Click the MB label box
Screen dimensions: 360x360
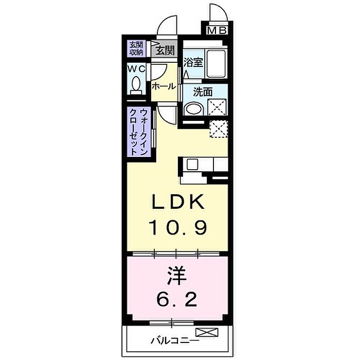217,30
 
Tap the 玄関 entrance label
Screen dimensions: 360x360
165,50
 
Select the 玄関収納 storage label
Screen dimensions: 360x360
136,48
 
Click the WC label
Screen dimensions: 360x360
136,68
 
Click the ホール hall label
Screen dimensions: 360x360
164,86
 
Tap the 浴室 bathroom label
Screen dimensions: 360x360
193,62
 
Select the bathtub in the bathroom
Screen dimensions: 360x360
217,64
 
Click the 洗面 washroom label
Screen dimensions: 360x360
203,92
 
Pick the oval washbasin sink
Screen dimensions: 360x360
194,109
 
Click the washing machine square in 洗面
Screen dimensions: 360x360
217,107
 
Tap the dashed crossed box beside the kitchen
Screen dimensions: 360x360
219,129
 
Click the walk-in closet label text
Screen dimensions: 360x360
139,132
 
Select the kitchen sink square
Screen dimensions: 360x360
192,165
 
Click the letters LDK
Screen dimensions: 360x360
178,202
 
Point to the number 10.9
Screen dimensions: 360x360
178,227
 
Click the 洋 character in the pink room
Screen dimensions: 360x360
176,276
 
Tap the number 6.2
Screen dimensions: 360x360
177,299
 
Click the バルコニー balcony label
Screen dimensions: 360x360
175,340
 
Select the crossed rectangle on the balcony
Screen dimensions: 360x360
207,332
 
